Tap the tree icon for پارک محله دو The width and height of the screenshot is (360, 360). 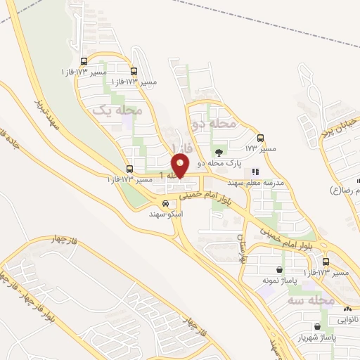tap(219, 151)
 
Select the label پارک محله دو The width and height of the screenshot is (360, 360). tap(219, 162)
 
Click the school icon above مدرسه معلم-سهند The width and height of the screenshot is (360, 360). tap(256, 171)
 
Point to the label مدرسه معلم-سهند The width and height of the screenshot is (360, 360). tap(255, 182)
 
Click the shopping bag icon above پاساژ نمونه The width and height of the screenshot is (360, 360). tap(280, 270)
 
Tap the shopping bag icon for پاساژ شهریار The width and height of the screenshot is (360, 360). tap(319, 326)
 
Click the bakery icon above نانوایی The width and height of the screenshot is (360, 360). tap(347, 309)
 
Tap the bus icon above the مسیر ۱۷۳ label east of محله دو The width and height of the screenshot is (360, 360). tap(261, 138)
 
